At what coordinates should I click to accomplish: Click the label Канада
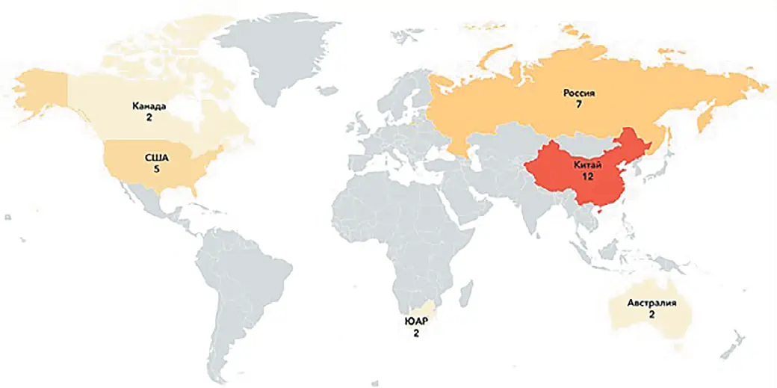[149, 105]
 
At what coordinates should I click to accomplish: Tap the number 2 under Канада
[149, 117]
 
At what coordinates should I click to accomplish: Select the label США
[158, 158]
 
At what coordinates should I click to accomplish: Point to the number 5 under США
[158, 169]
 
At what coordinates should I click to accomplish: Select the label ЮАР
[416, 322]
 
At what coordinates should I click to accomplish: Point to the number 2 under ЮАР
[416, 334]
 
